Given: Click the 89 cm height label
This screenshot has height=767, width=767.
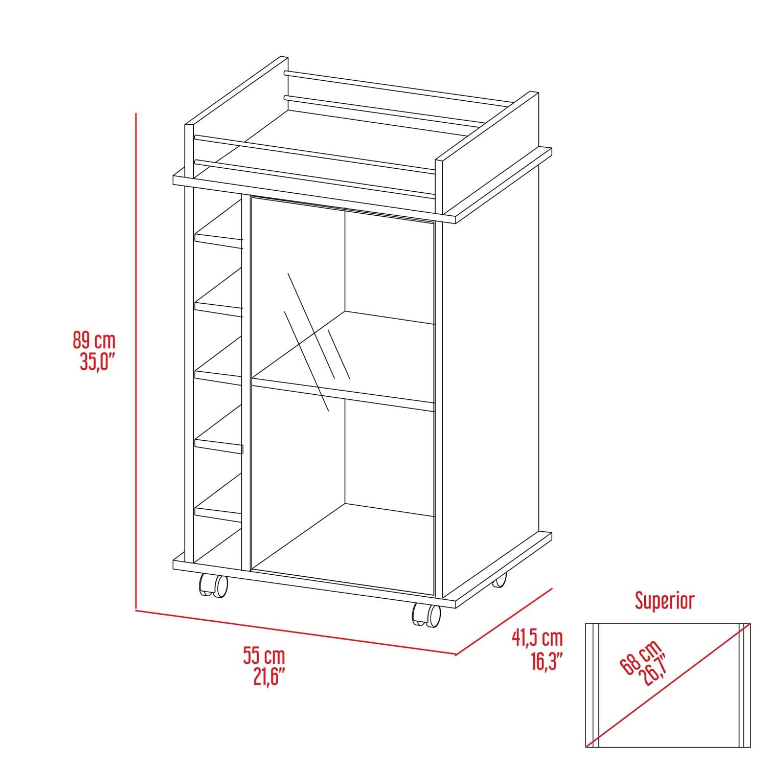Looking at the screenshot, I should coord(94,340).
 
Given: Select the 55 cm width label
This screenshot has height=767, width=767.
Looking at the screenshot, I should coord(264,656).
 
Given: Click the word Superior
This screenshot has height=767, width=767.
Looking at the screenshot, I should coord(665,601).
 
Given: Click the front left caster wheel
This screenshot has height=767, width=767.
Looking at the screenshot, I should coord(213,585).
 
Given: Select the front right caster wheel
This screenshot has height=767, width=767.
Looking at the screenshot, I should coord(426,615).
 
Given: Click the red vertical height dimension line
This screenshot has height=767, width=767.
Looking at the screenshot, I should coord(136,358).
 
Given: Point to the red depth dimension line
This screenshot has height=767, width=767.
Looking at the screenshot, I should coord(504,621).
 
